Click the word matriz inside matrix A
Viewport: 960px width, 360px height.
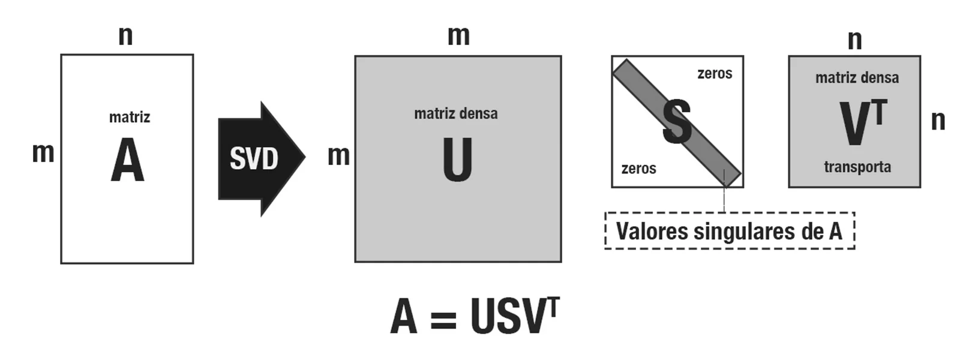130,117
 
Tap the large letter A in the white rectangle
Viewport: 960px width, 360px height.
127,160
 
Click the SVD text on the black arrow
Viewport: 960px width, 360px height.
254,158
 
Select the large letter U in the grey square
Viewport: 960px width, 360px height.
457,160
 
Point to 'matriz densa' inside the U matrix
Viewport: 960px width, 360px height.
456,113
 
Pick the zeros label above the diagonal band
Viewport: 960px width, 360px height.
715,73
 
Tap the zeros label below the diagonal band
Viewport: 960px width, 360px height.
638,169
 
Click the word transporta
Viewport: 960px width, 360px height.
857,167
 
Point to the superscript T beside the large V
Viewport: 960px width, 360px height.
878,112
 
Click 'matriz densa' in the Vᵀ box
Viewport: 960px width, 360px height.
857,77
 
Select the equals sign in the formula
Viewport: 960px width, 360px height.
443,320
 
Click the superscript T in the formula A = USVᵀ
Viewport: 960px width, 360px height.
553,307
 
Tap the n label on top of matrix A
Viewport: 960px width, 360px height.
125,35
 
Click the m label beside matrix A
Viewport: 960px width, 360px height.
43,152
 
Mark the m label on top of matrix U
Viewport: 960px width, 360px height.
458,35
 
